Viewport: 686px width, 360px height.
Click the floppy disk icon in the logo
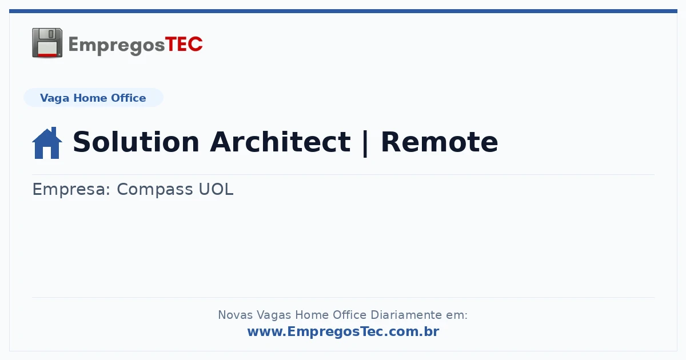click(x=47, y=43)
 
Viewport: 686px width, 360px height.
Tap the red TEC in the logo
click(x=184, y=45)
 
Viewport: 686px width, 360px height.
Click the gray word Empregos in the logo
click(x=117, y=46)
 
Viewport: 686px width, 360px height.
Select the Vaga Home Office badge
click(x=93, y=98)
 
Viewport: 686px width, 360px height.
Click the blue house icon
click(x=47, y=143)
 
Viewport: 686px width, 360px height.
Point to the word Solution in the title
click(x=136, y=142)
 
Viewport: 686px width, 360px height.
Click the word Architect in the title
click(x=280, y=142)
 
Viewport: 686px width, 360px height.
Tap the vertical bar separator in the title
click(x=365, y=143)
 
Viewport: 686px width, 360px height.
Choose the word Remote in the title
click(x=440, y=142)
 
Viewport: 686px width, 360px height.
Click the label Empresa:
click(x=71, y=190)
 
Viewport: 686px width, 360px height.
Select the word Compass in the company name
click(x=155, y=190)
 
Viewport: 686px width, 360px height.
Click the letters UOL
click(x=216, y=189)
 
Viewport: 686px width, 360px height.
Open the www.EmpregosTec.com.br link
click(x=344, y=331)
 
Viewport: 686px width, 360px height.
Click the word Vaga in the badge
click(x=54, y=98)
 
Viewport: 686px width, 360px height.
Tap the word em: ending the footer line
click(x=457, y=315)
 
